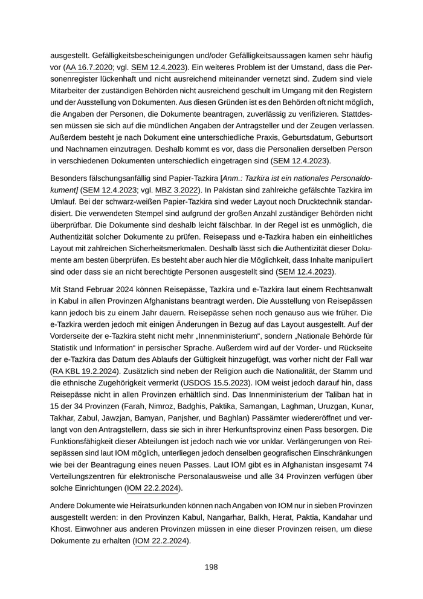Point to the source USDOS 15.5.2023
[x=215, y=382]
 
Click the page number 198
[x=211, y=567]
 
